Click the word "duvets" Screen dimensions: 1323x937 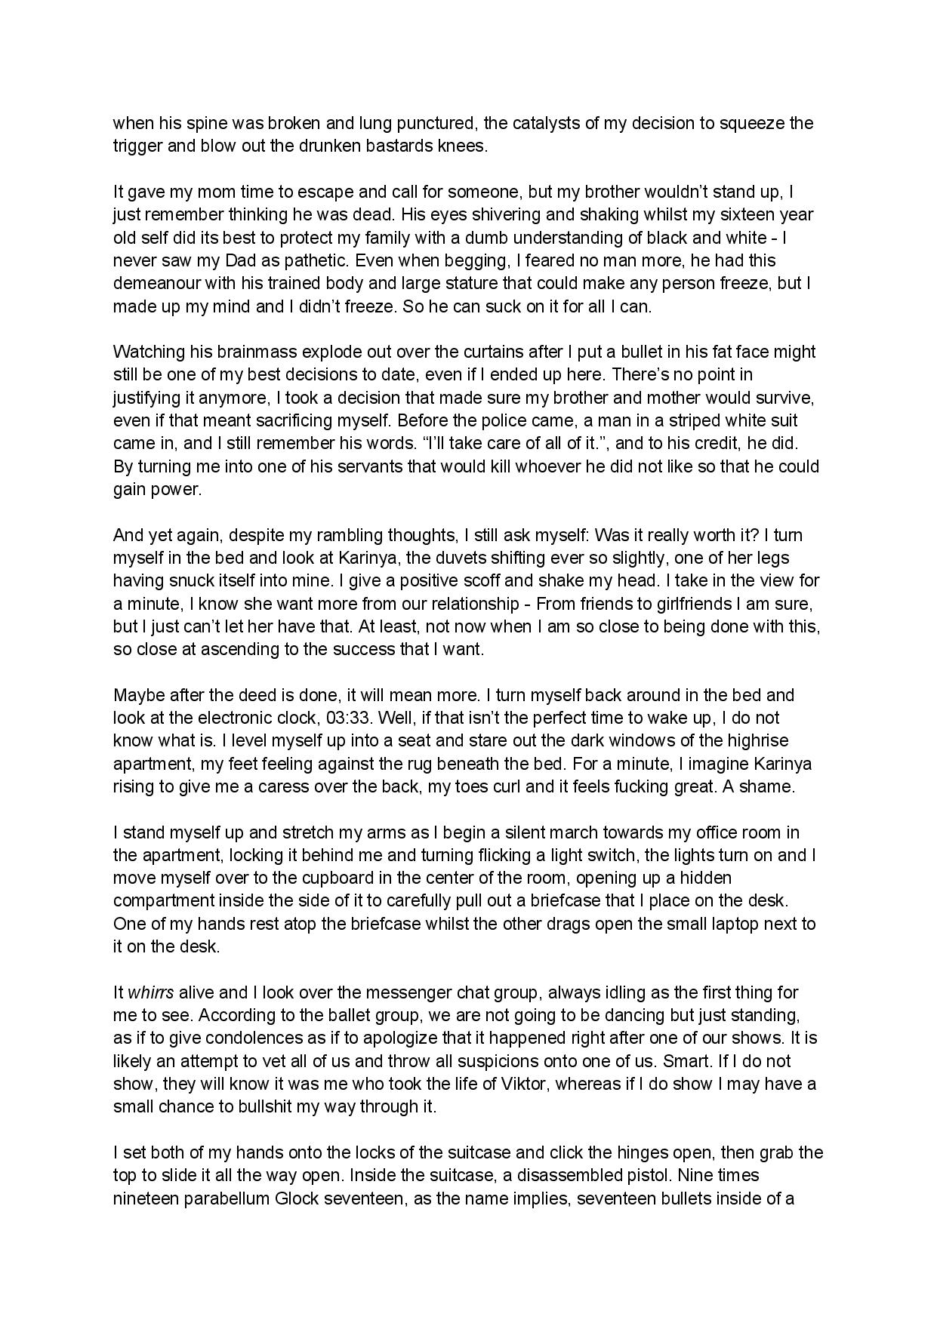[369, 558]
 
